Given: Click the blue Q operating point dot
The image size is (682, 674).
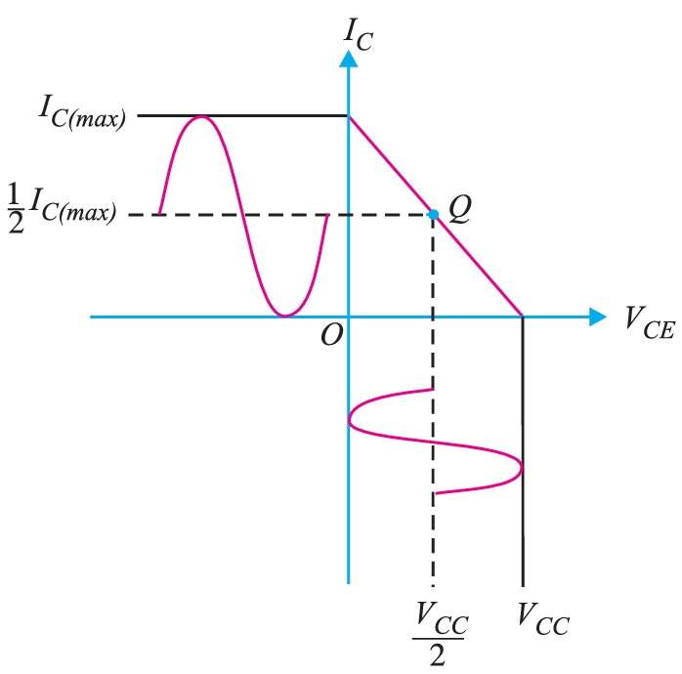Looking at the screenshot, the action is point(433,214).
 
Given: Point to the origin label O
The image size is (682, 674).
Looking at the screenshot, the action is point(330,335).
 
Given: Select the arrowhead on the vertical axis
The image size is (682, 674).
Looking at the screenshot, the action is point(348,59).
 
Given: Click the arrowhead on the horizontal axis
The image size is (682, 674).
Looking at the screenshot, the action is point(597,316).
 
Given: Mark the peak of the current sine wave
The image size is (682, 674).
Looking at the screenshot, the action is point(201,117).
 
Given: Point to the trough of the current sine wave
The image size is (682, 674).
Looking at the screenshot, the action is point(284,315).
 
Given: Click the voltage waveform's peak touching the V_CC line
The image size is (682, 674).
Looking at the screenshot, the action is point(521,467).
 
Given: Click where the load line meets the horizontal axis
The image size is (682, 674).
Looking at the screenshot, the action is point(523,316).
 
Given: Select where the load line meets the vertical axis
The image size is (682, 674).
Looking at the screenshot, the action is point(349,116).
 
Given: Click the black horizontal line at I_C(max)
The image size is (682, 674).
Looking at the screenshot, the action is point(244,115).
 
